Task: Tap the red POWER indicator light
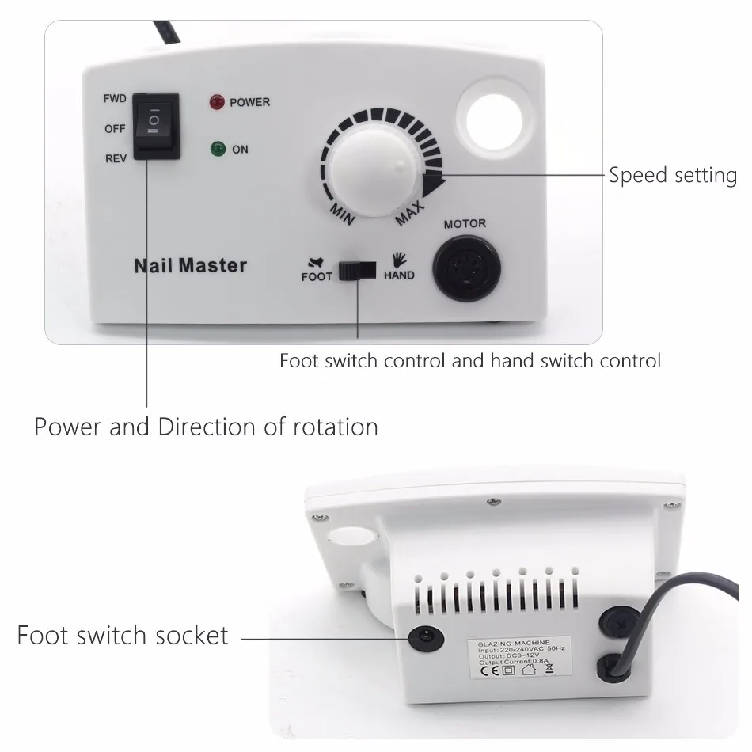point(215,102)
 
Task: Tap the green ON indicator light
point(215,149)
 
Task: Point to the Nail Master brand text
point(190,265)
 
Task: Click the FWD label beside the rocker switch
point(115,100)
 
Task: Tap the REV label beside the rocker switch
point(116,158)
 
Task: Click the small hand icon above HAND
point(399,259)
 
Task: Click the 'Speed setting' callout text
point(672,175)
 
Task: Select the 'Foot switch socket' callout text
point(123,635)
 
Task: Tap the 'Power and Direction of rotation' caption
point(206,427)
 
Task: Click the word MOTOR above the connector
point(465,224)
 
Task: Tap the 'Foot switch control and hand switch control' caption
point(469,361)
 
